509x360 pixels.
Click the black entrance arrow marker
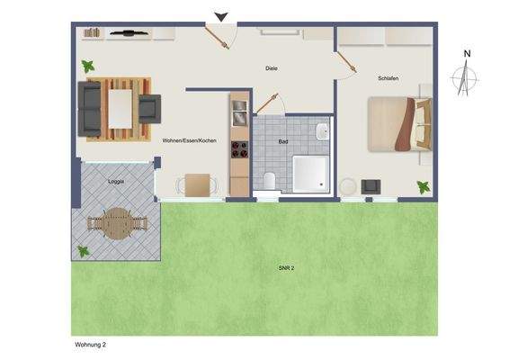[221, 15]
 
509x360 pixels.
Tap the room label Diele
[272, 68]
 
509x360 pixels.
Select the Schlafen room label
[388, 78]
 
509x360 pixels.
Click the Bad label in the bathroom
[283, 141]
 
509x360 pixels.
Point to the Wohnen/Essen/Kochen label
[189, 141]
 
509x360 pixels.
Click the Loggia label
[116, 181]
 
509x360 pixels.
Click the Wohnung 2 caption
[91, 343]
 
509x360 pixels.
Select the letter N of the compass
[467, 54]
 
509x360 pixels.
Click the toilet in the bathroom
[270, 181]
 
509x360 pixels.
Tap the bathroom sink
[322, 132]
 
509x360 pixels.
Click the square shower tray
[312, 174]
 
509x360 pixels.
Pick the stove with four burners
[239, 149]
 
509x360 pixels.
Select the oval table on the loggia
[114, 223]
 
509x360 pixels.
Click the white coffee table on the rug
[121, 106]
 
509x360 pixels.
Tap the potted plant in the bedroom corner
[422, 186]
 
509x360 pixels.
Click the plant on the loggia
[84, 251]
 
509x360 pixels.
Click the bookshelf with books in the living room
[93, 33]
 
